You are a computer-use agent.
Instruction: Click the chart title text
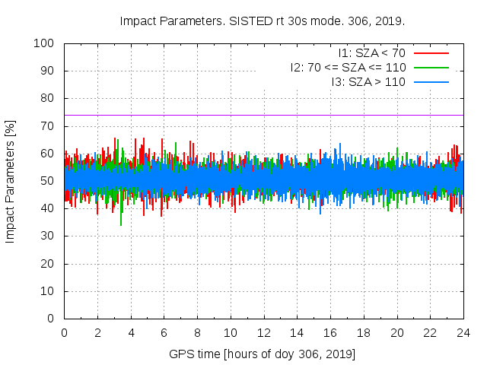pos(263,21)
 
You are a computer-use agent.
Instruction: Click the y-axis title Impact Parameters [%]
pos(11,181)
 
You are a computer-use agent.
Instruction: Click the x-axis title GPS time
pos(263,354)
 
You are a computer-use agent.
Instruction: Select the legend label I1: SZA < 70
pos(372,53)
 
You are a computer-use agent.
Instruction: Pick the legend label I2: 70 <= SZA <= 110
pos(348,67)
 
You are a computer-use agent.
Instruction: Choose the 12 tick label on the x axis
pos(263,332)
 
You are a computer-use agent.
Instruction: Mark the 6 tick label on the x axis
pos(164,332)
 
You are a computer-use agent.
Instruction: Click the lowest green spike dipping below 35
pos(121,224)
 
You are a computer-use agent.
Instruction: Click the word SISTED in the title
pos(252,21)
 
